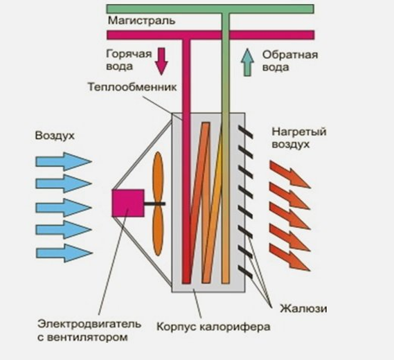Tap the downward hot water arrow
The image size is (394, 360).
tap(161, 60)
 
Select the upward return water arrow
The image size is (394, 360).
tap(247, 62)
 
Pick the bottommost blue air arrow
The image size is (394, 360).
tap(63, 252)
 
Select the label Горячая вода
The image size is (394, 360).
tap(127, 60)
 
